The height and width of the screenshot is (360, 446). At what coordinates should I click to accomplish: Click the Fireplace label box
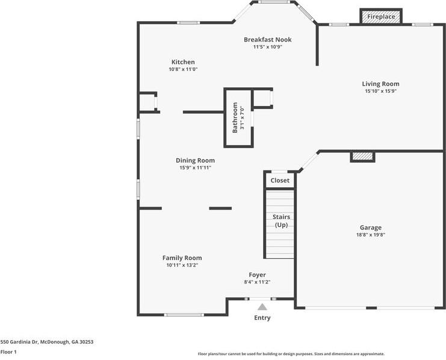[381, 17]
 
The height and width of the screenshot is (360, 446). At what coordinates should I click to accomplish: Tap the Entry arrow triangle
[262, 307]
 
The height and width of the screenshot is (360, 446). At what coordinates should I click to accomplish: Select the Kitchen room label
[183, 62]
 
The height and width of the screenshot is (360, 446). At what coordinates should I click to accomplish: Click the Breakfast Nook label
[267, 40]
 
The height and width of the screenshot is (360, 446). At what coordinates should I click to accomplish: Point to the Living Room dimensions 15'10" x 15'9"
[380, 92]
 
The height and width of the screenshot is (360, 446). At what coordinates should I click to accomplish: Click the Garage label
[371, 228]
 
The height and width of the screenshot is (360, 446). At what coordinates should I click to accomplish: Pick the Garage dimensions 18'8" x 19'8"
[371, 235]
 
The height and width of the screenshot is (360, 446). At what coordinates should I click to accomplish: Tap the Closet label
[280, 181]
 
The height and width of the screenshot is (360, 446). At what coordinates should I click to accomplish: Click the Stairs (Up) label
[281, 221]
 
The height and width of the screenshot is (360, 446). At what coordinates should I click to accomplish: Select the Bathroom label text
[235, 117]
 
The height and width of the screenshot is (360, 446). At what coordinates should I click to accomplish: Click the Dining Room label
[195, 161]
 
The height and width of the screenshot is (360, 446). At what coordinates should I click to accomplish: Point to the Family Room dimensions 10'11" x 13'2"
[182, 265]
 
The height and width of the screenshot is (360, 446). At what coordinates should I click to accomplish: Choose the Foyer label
[257, 275]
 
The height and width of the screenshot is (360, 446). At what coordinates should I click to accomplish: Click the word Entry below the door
[262, 318]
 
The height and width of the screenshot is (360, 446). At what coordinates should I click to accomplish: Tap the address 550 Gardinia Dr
[46, 341]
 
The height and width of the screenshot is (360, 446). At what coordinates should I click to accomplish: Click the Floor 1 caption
[8, 352]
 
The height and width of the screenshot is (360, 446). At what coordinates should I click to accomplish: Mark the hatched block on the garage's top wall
[362, 157]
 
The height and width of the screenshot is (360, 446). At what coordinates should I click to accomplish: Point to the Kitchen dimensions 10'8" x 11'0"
[183, 69]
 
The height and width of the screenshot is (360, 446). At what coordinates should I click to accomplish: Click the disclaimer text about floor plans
[291, 354]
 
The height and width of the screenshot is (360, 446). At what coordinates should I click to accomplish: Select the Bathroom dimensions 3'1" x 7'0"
[243, 117]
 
